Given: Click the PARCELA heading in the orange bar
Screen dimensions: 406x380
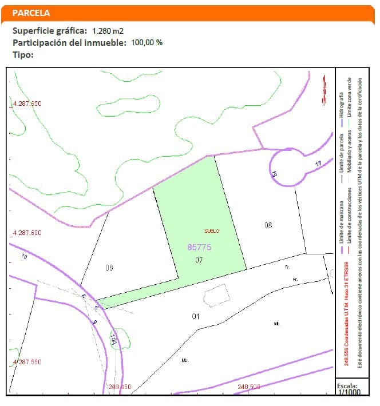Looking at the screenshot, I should (31, 13).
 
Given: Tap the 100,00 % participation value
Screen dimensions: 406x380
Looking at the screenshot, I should (147, 42).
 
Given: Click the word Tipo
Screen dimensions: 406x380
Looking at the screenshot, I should (22, 55).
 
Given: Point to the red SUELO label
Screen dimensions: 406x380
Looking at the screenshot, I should (212, 231).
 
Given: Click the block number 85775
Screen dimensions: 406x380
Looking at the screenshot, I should (199, 247).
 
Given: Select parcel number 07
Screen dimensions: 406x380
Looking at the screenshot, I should (199, 260).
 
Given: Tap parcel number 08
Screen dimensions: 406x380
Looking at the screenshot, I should (268, 225).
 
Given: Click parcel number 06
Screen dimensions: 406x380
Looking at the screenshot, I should (109, 268).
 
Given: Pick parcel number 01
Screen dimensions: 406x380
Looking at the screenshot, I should (195, 316).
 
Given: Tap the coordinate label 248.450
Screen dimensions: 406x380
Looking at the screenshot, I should (119, 387).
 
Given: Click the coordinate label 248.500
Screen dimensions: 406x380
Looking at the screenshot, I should (248, 387).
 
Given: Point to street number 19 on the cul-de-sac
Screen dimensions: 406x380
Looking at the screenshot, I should (275, 173).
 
